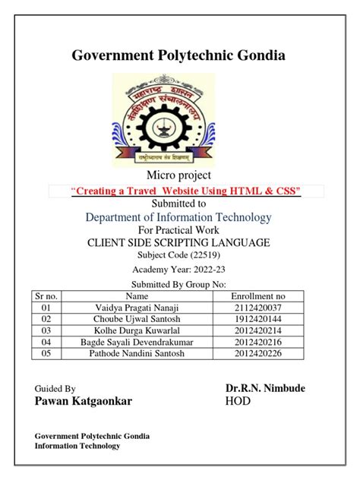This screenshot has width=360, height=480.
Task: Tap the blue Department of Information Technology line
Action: coord(178,218)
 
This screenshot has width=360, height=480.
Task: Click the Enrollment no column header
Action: coord(258,295)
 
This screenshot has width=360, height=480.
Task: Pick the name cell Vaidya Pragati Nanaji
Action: coord(137,307)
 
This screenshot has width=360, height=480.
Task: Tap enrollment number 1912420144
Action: coord(257,319)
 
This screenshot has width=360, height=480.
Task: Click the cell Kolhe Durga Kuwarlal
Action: coord(137,331)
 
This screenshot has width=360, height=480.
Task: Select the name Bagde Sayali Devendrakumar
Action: coord(137,343)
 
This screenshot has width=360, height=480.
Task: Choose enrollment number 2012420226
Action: coord(257,355)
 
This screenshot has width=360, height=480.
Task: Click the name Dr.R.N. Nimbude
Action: coord(265,388)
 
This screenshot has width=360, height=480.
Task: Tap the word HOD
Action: coord(238,401)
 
